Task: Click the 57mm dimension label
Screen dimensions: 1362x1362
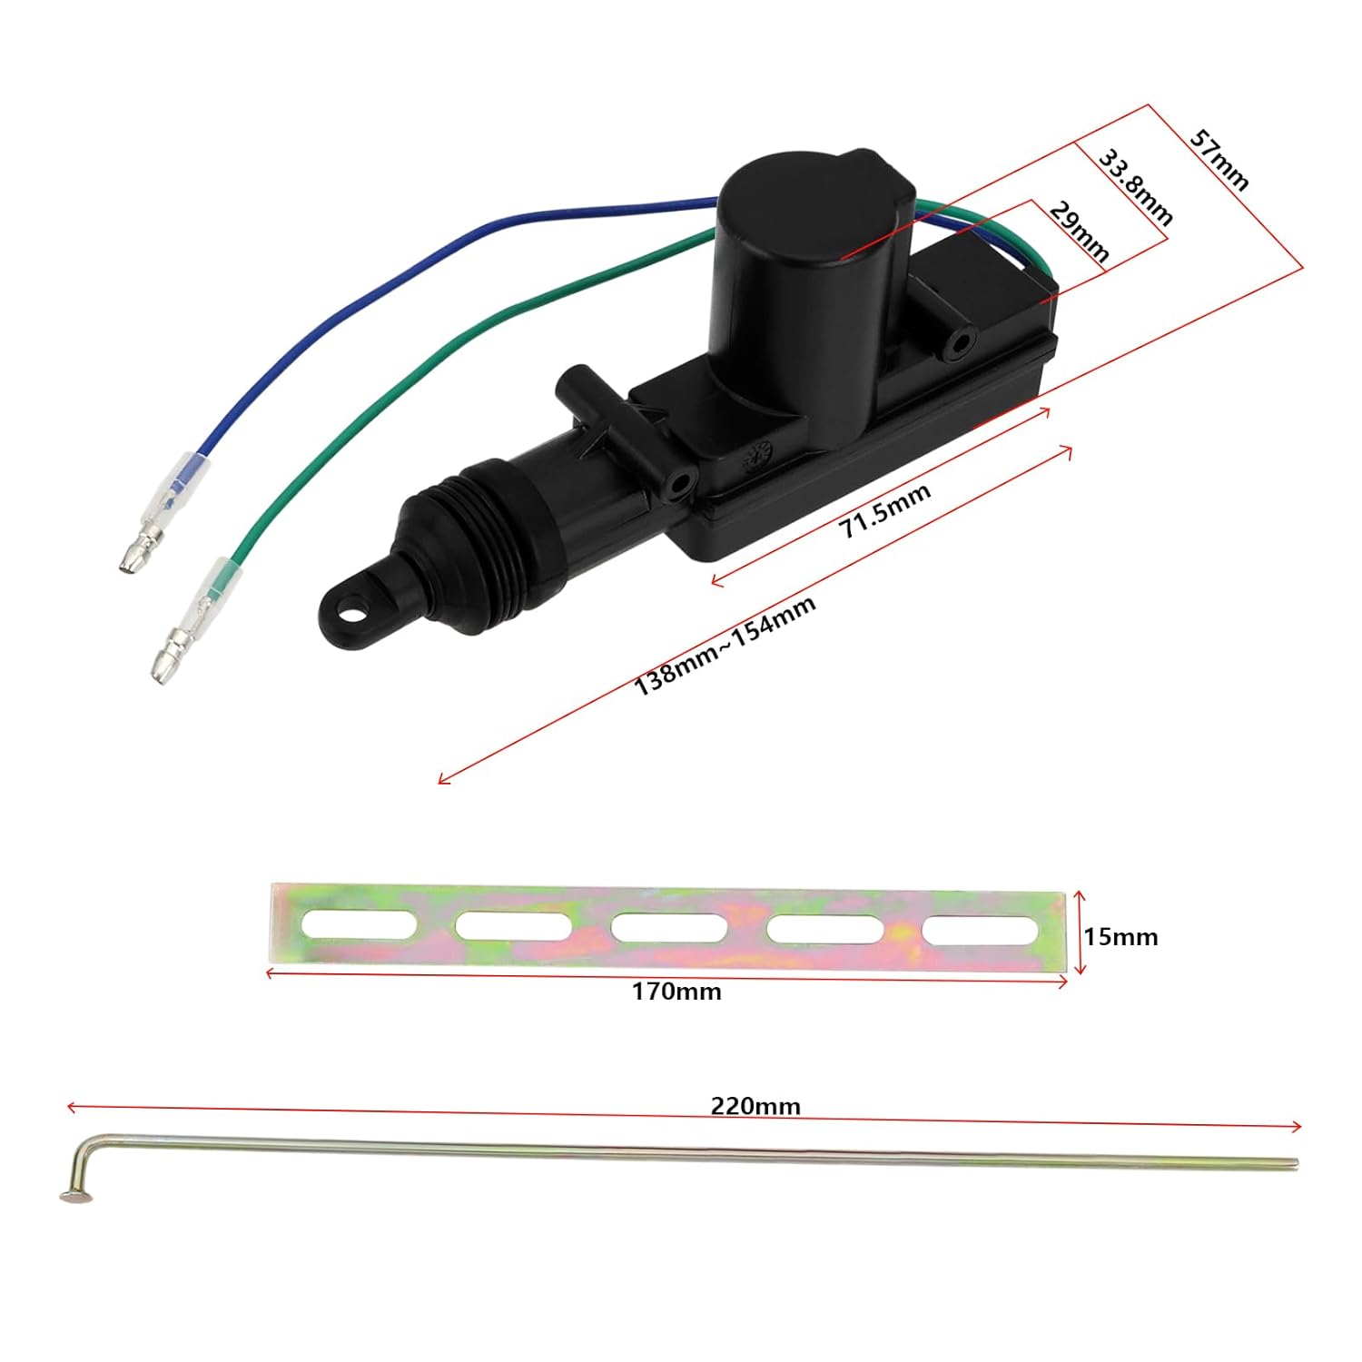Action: coord(1219,160)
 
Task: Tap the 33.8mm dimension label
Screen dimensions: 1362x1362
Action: coord(1136,187)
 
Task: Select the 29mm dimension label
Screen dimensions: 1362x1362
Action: coord(1079,232)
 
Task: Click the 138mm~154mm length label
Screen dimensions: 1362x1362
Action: coord(724,645)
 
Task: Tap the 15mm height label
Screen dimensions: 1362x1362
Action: coord(1120,936)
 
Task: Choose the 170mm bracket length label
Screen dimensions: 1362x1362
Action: coord(676,992)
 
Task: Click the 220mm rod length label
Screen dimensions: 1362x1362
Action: coord(755,1106)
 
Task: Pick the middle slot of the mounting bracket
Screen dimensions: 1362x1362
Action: coord(669,928)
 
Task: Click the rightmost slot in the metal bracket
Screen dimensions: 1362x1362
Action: coord(981,931)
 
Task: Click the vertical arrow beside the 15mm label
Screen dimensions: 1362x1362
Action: coord(1080,933)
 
